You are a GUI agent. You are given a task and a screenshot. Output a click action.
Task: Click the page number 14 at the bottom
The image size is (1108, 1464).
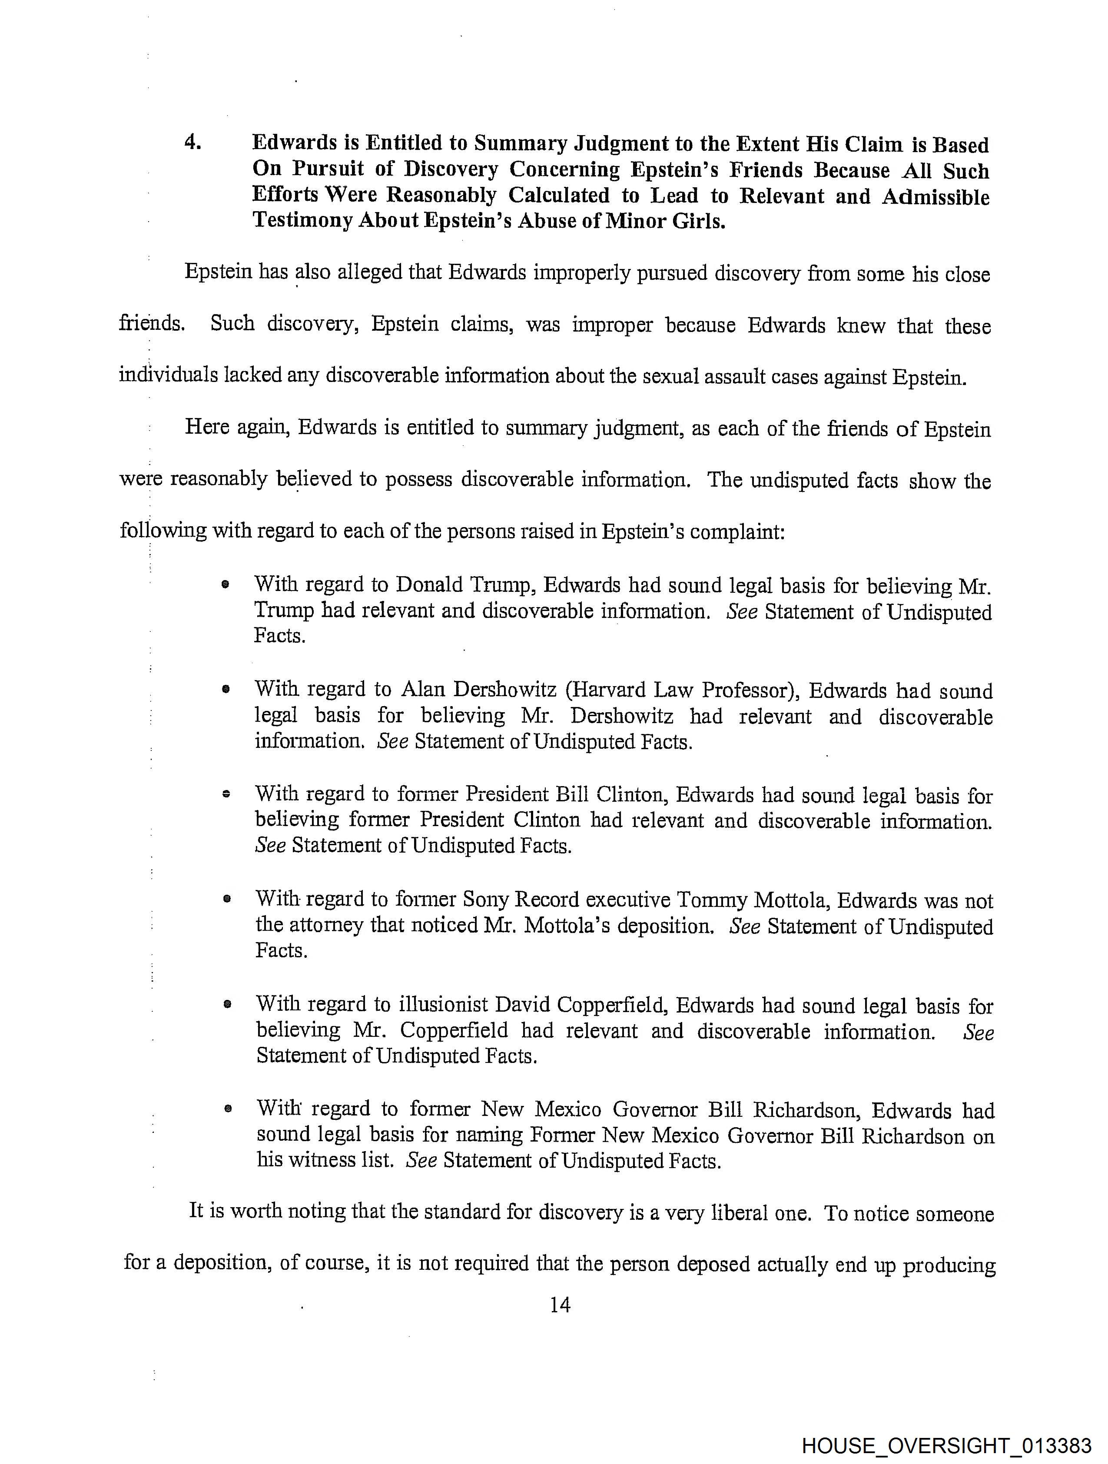(x=559, y=1305)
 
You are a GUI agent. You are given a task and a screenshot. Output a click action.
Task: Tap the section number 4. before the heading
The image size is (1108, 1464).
(x=192, y=142)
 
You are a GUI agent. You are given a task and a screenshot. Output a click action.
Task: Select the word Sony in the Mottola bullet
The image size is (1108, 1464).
(x=485, y=900)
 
